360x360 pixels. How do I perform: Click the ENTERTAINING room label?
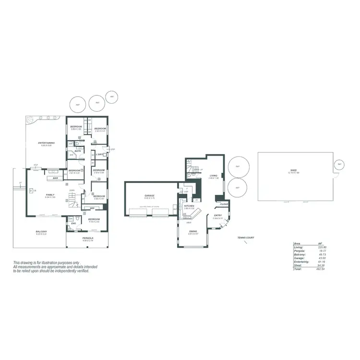[x=47, y=143]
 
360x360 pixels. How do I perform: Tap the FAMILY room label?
[x=50, y=194]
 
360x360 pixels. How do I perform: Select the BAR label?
[x=55, y=177]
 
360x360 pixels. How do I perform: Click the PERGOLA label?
[x=87, y=238]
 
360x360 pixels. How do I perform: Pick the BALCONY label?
[x=41, y=232]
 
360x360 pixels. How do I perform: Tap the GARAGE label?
[x=149, y=195]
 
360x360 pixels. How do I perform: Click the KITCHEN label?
[x=189, y=206]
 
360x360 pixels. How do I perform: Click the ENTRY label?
[x=217, y=216]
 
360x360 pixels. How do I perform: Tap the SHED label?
[x=293, y=170]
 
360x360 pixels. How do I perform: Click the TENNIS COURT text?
[x=245, y=238]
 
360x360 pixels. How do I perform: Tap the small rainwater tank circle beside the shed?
[x=339, y=164]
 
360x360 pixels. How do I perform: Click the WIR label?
[x=91, y=208]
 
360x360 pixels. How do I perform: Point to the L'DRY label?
[x=99, y=155]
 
